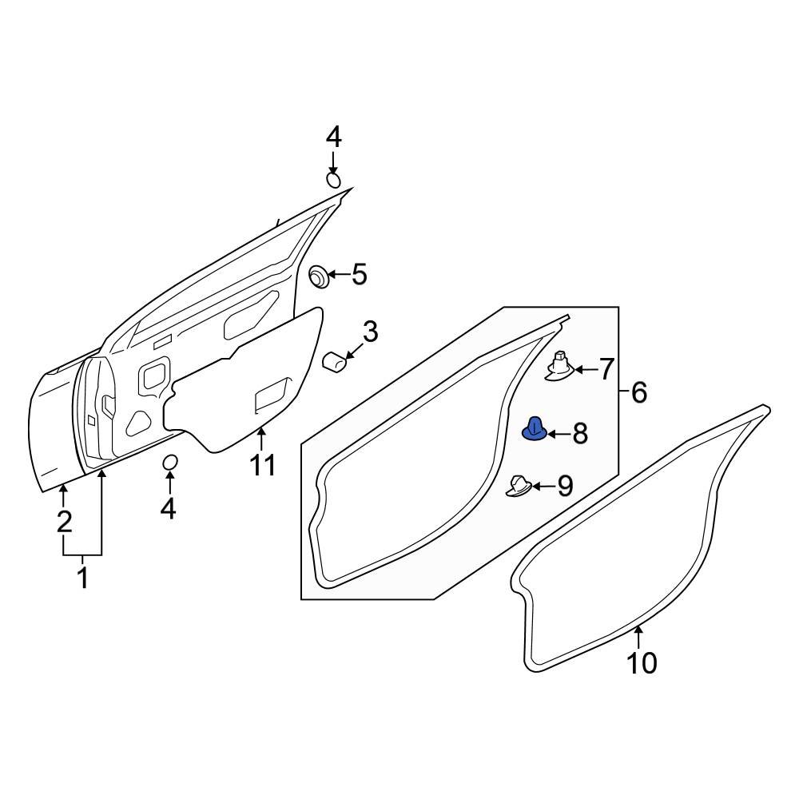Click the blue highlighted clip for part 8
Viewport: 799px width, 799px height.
click(x=534, y=431)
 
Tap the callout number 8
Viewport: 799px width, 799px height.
click(x=580, y=434)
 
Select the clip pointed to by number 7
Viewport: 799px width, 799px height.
click(x=561, y=367)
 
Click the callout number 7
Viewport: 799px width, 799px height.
click(x=606, y=369)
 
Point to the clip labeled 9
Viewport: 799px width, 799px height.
click(x=520, y=485)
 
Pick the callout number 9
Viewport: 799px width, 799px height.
click(x=565, y=486)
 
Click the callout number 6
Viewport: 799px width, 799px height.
click(x=638, y=392)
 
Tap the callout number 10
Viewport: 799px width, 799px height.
click(x=642, y=662)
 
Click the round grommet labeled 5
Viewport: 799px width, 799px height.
click(x=320, y=276)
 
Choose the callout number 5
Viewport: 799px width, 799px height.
click(x=359, y=275)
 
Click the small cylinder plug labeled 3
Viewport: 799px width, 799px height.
click(x=333, y=362)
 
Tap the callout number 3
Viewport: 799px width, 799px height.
click(x=370, y=331)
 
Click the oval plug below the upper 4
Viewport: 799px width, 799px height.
click(x=334, y=179)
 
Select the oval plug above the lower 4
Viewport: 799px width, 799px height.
click(x=169, y=463)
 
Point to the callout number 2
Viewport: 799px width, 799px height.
click(x=64, y=523)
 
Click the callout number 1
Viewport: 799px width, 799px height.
click(x=82, y=577)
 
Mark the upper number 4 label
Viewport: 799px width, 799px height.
click(x=333, y=137)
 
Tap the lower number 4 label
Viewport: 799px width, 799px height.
click(x=168, y=508)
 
